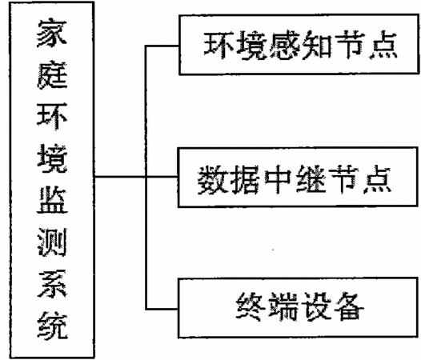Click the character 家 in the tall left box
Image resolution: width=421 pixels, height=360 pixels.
click(x=52, y=34)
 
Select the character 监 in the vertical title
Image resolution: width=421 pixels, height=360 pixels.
click(x=52, y=200)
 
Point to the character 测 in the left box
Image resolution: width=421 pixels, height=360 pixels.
click(x=52, y=242)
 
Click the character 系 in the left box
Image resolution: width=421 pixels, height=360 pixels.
click(x=52, y=283)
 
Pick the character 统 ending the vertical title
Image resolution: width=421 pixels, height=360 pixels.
click(x=52, y=325)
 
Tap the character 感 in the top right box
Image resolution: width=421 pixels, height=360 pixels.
click(x=285, y=46)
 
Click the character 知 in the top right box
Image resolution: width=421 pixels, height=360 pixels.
click(x=317, y=46)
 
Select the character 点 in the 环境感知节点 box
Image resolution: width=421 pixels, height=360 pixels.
click(x=383, y=46)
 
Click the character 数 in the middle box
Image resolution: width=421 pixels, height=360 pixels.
click(x=213, y=179)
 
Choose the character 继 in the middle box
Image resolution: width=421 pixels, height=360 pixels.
click(x=311, y=179)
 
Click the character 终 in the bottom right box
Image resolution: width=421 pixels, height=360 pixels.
click(x=251, y=306)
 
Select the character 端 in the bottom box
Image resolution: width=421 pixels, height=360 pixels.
click(x=283, y=306)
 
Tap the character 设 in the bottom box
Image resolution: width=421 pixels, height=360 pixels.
click(x=315, y=306)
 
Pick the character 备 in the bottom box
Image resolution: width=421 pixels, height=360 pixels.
click(x=348, y=306)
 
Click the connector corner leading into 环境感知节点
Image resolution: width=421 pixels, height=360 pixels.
click(x=146, y=46)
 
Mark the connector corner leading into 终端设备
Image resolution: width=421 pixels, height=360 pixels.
click(x=146, y=309)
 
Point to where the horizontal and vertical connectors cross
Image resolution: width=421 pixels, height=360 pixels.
click(x=146, y=177)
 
